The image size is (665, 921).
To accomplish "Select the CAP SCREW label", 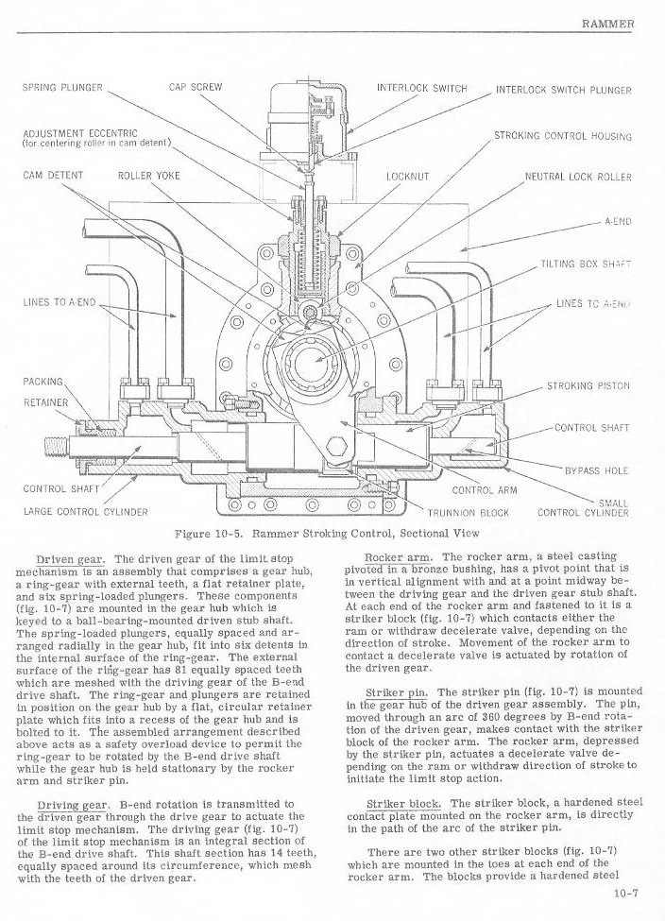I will click(196, 88).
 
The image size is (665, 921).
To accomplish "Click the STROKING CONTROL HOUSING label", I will click(563, 136).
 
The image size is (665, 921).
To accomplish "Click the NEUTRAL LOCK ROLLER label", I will click(578, 177).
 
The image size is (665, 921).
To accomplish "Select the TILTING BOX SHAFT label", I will click(586, 264).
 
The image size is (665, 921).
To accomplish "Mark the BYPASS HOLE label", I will click(596, 469).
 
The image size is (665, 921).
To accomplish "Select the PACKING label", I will click(43, 383).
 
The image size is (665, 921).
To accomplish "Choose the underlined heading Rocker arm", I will click(370, 556).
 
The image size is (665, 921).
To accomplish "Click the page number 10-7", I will click(627, 892).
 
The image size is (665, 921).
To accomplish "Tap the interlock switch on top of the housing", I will click(297, 105).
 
